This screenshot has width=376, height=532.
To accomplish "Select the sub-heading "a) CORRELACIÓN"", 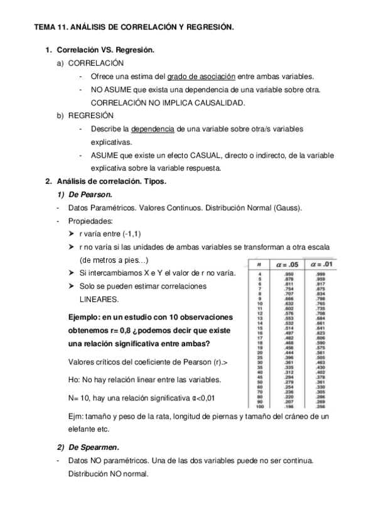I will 90,63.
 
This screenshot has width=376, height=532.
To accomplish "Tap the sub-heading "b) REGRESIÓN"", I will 87,115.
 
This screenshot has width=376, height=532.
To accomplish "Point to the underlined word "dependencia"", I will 153,129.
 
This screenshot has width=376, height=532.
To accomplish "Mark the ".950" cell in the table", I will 289,274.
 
